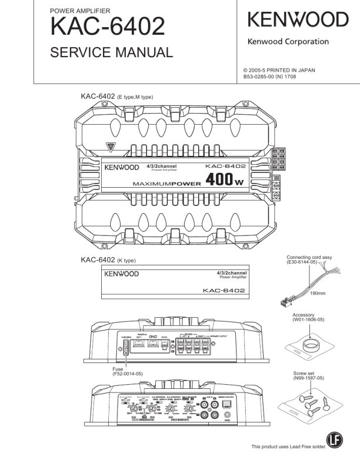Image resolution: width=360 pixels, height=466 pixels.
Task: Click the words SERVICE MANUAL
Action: pyautogui.click(x=112, y=52)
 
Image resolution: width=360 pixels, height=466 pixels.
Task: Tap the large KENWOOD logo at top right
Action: pyautogui.click(x=298, y=21)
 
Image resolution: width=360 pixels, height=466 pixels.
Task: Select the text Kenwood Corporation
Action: pyautogui.click(x=288, y=42)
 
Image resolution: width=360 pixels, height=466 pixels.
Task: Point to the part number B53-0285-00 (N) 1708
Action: pyautogui.click(x=275, y=76)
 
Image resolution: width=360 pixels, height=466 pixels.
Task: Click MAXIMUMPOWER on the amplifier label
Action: pyautogui.click(x=166, y=184)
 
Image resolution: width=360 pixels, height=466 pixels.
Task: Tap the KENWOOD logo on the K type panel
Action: pyautogui.click(x=121, y=274)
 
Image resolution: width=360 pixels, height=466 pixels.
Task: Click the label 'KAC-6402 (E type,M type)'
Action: pyautogui.click(x=117, y=96)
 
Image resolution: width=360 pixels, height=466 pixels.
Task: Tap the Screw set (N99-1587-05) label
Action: pyautogui.click(x=309, y=377)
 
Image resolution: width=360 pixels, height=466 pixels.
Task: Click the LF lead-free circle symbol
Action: pyautogui.click(x=335, y=449)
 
